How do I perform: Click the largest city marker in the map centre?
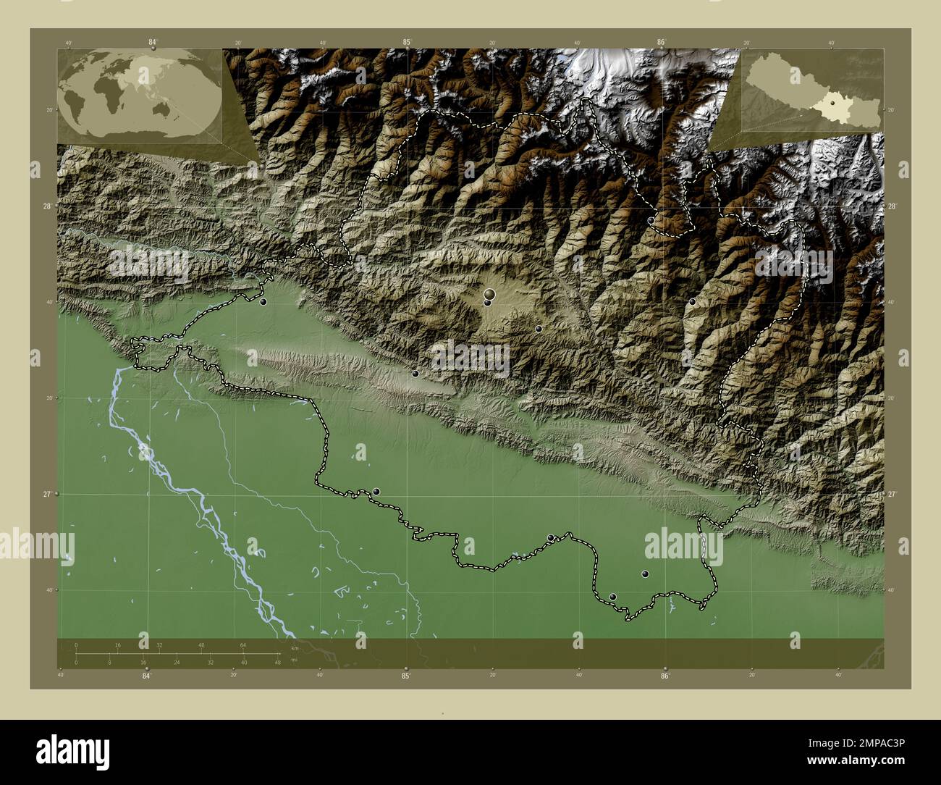pos(490,294)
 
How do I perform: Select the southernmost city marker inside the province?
pos(613,597)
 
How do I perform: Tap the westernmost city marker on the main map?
pos(263,301)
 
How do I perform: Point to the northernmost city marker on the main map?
pos(651,220)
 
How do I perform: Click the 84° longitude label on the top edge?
pos(153,42)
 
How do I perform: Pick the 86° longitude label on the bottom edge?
pos(664,676)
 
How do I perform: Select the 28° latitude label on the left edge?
pos(46,206)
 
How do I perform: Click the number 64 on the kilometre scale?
pos(244,645)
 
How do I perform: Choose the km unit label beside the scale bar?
pos(294,647)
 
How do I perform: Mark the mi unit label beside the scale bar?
pos(293,660)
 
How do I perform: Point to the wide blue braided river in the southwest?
pos(181,492)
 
